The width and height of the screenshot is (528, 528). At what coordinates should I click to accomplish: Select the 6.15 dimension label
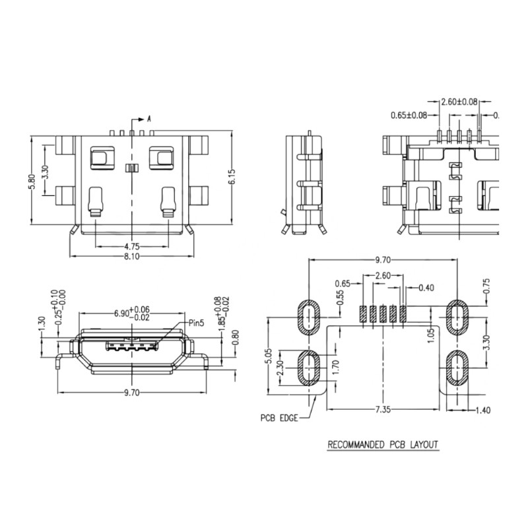point(232,177)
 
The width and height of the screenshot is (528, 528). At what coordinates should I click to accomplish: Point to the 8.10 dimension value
point(131,257)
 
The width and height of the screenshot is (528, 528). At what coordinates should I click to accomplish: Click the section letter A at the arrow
point(149,119)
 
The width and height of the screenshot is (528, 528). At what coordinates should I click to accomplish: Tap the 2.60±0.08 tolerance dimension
point(459,102)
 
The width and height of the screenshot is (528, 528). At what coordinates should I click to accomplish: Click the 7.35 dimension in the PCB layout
point(382,411)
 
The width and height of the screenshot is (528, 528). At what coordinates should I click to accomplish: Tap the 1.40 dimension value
point(482,411)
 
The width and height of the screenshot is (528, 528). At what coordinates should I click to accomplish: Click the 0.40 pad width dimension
point(427,287)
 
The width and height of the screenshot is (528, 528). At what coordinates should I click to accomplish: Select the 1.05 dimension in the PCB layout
point(430,335)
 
